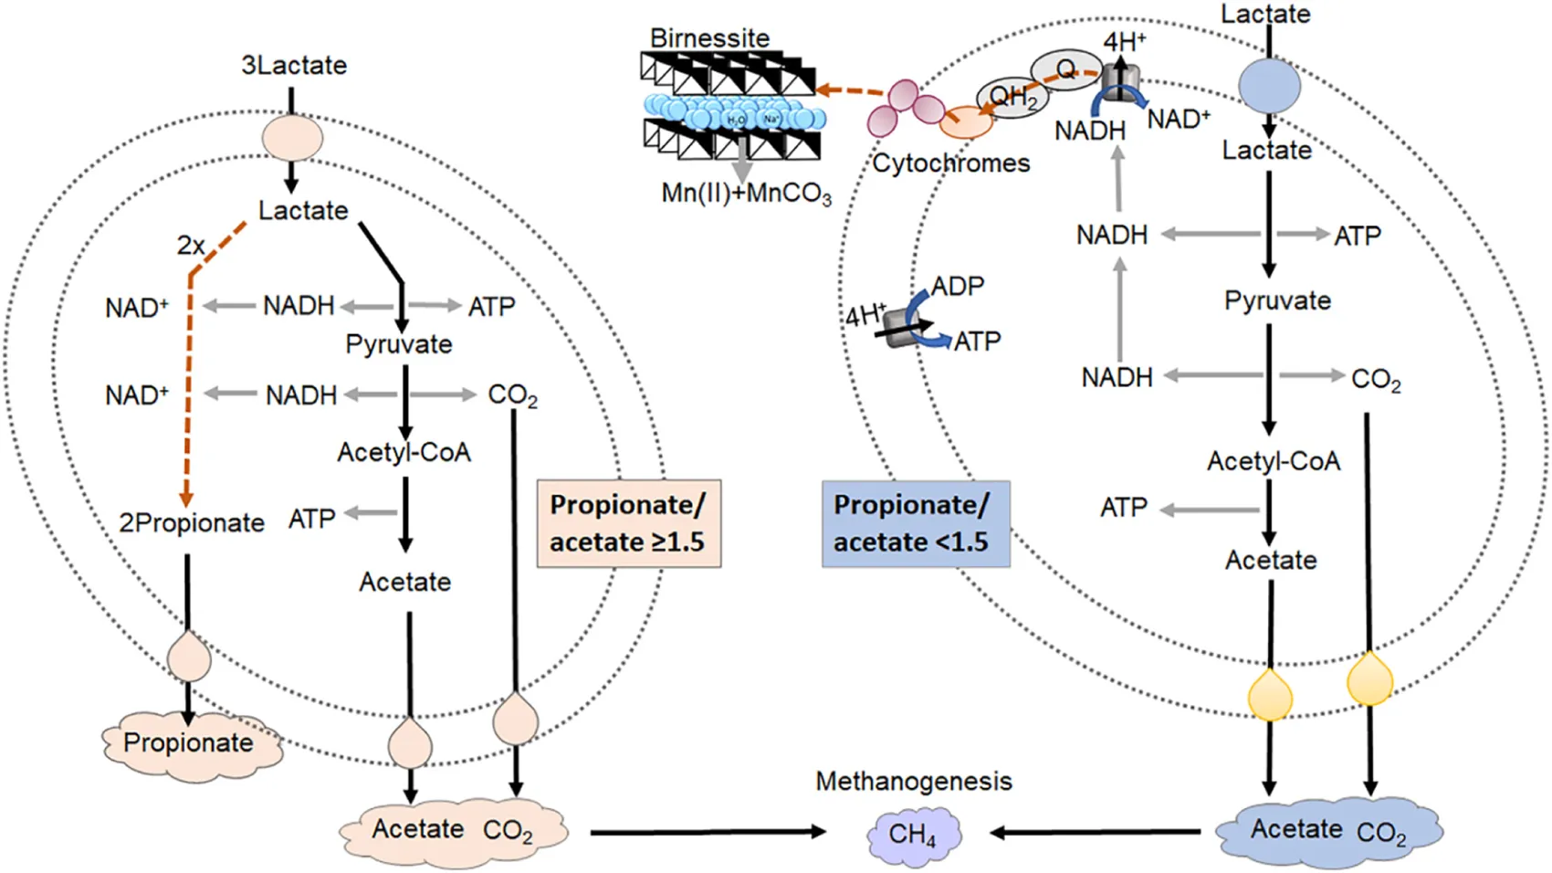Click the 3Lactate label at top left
coord(294,66)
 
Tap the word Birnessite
coord(709,38)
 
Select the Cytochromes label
coord(950,163)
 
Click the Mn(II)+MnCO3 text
coord(746,194)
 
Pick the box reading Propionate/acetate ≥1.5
coord(628,523)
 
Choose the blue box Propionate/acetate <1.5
coord(915,524)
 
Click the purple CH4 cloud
coord(913,834)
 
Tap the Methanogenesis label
coord(913,782)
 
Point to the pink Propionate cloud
coord(189,743)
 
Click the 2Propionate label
coord(192,523)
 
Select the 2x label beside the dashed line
coord(191,245)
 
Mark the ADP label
coord(957,287)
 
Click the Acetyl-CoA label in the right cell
coord(1274,461)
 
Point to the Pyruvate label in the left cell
coord(399,344)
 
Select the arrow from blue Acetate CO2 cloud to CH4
coord(1096,832)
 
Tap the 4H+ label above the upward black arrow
coord(1124,42)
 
